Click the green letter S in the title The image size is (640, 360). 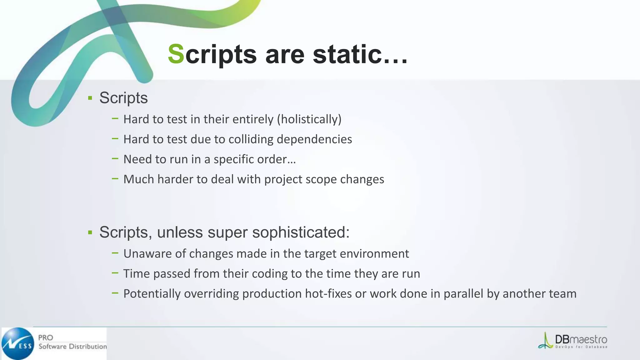176,54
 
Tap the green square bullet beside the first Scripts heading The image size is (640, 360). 90,98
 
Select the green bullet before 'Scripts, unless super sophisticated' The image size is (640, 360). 90,232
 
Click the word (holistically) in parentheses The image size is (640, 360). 309,119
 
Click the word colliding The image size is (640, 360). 251,139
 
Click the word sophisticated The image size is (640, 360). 301,232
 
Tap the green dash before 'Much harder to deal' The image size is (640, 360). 115,179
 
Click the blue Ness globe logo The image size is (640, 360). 18,343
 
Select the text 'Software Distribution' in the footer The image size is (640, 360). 72,347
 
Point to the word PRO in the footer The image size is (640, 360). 46,338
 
